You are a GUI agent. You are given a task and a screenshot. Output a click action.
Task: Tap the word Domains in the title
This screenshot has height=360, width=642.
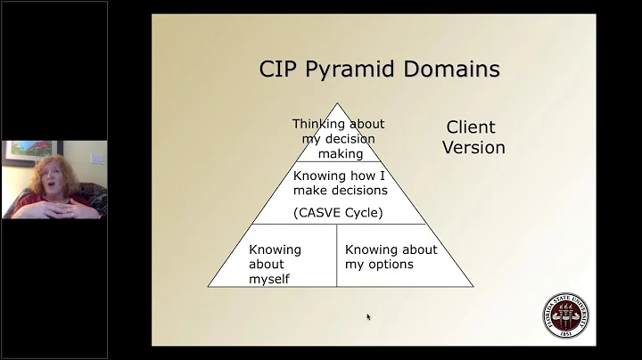click(455, 69)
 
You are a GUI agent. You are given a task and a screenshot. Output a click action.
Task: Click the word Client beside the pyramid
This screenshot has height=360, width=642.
click(471, 127)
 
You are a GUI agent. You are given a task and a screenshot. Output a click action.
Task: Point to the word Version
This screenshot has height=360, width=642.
click(473, 147)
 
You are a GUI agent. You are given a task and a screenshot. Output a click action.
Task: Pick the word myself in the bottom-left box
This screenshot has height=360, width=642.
click(270, 280)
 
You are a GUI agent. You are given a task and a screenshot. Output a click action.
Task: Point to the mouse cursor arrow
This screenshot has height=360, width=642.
click(368, 316)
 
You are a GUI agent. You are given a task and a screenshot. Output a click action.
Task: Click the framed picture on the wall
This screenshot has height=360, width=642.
click(20, 155)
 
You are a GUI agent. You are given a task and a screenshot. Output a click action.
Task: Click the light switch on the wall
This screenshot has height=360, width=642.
click(98, 159)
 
